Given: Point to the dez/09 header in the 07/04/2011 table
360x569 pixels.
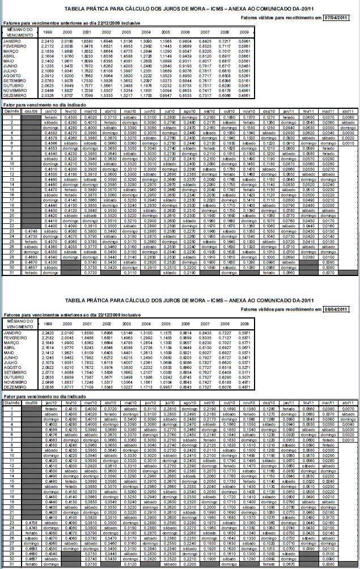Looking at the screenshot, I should pos(32,111).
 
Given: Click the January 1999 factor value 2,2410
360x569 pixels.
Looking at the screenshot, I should pos(48,41).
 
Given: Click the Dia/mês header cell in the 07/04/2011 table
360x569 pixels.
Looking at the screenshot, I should pos(10,111).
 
